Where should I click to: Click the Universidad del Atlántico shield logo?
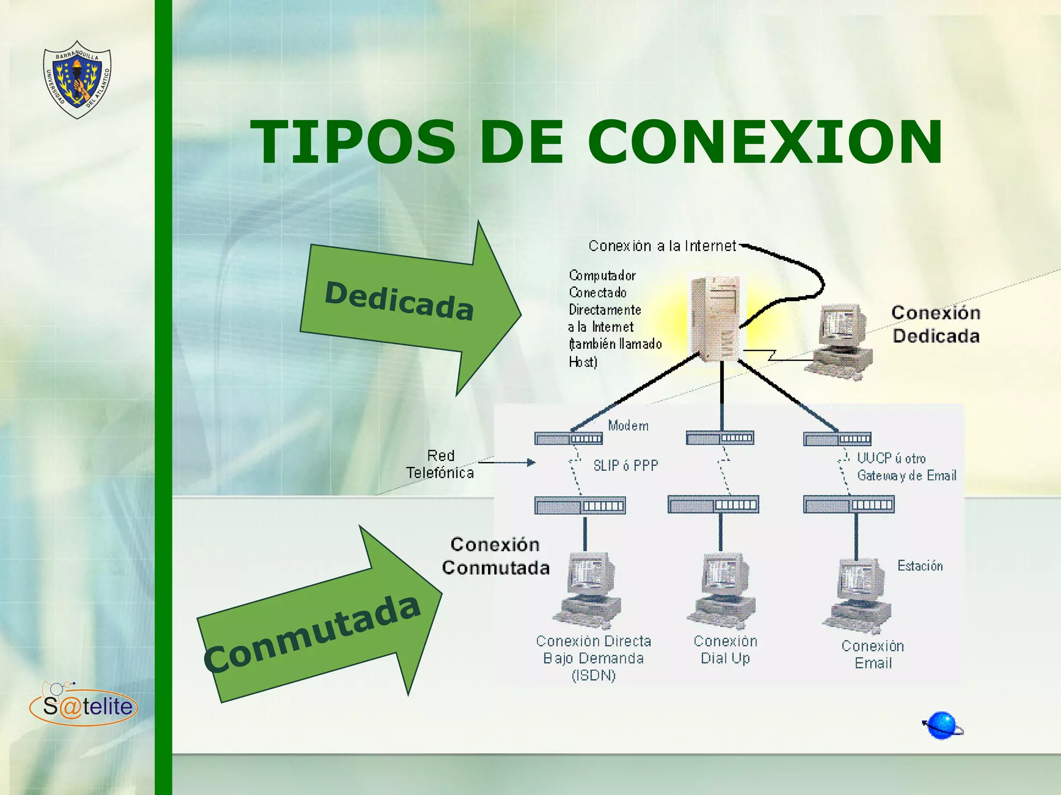pyautogui.click(x=77, y=79)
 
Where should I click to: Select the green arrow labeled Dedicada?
pyautogui.click(x=409, y=305)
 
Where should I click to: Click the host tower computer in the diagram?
pyautogui.click(x=715, y=318)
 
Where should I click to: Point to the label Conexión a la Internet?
pyautogui.click(x=662, y=246)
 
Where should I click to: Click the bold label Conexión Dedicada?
pyautogui.click(x=936, y=325)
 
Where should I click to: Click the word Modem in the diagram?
pyautogui.click(x=628, y=426)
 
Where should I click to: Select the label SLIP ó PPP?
pyautogui.click(x=625, y=466)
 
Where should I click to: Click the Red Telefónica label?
pyautogui.click(x=440, y=464)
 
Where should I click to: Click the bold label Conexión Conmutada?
pyautogui.click(x=495, y=556)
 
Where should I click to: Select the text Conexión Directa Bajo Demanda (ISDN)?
pyautogui.click(x=593, y=658)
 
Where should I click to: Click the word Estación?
pyautogui.click(x=920, y=566)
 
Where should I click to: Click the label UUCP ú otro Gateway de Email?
pyautogui.click(x=906, y=467)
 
